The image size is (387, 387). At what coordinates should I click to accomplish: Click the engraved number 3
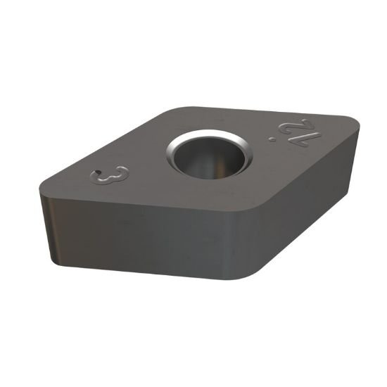coord(113,175)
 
